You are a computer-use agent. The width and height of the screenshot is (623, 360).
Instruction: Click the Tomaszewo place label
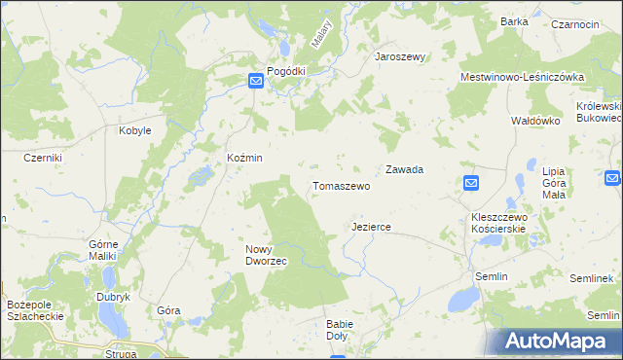click(341, 185)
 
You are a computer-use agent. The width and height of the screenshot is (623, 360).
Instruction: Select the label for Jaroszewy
click(401, 57)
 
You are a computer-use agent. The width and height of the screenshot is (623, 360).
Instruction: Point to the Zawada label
click(404, 169)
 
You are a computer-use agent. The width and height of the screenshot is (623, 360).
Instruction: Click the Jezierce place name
click(371, 227)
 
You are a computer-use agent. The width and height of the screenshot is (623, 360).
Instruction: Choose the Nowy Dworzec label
click(265, 255)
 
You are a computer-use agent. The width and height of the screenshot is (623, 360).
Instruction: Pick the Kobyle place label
click(134, 130)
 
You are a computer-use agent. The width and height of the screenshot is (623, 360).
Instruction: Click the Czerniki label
click(43, 158)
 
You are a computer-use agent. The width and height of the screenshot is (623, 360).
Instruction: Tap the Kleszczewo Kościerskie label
click(497, 222)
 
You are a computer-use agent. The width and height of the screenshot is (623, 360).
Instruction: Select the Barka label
click(514, 21)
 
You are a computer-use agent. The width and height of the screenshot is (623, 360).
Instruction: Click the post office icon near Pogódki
click(255, 83)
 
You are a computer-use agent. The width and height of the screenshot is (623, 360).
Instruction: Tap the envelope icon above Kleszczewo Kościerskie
click(471, 183)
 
